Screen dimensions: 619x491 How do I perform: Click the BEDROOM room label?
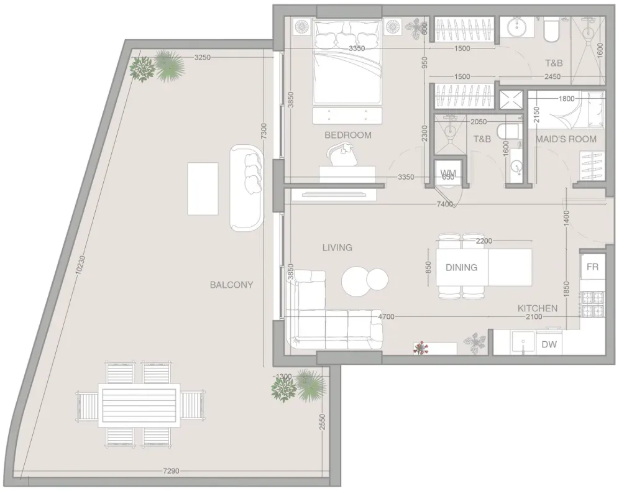[x=348, y=135]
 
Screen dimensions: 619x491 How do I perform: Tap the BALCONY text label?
[x=231, y=285]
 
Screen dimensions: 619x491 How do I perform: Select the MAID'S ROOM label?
[x=566, y=139]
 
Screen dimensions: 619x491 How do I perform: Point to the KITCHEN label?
[x=538, y=308]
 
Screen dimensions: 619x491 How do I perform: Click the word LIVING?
[x=337, y=247]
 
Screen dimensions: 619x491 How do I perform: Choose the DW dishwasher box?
[x=549, y=344]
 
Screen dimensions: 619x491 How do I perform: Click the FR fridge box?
[x=592, y=267]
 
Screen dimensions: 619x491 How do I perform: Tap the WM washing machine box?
[x=448, y=173]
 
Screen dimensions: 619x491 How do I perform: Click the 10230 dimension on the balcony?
[x=80, y=265]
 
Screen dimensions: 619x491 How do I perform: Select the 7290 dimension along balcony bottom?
[x=172, y=470]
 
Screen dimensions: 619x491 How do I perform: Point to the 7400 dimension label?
[x=445, y=204]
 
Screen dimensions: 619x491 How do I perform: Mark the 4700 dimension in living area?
[x=386, y=316]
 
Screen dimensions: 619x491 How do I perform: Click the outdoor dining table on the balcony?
[x=140, y=405]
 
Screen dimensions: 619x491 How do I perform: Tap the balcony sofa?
[x=246, y=188]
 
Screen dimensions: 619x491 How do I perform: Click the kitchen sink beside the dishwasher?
[x=523, y=343]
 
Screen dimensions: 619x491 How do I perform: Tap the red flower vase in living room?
[x=421, y=347]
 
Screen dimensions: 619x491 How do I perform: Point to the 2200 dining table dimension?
[x=484, y=241]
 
